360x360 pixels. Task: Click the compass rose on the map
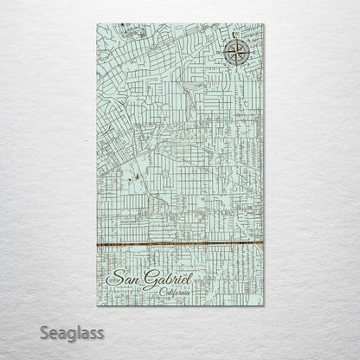[x=235, y=52]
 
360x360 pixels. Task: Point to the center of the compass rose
[x=235, y=52]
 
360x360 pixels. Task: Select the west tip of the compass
[x=222, y=52]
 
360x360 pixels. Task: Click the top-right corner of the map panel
[x=264, y=24]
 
